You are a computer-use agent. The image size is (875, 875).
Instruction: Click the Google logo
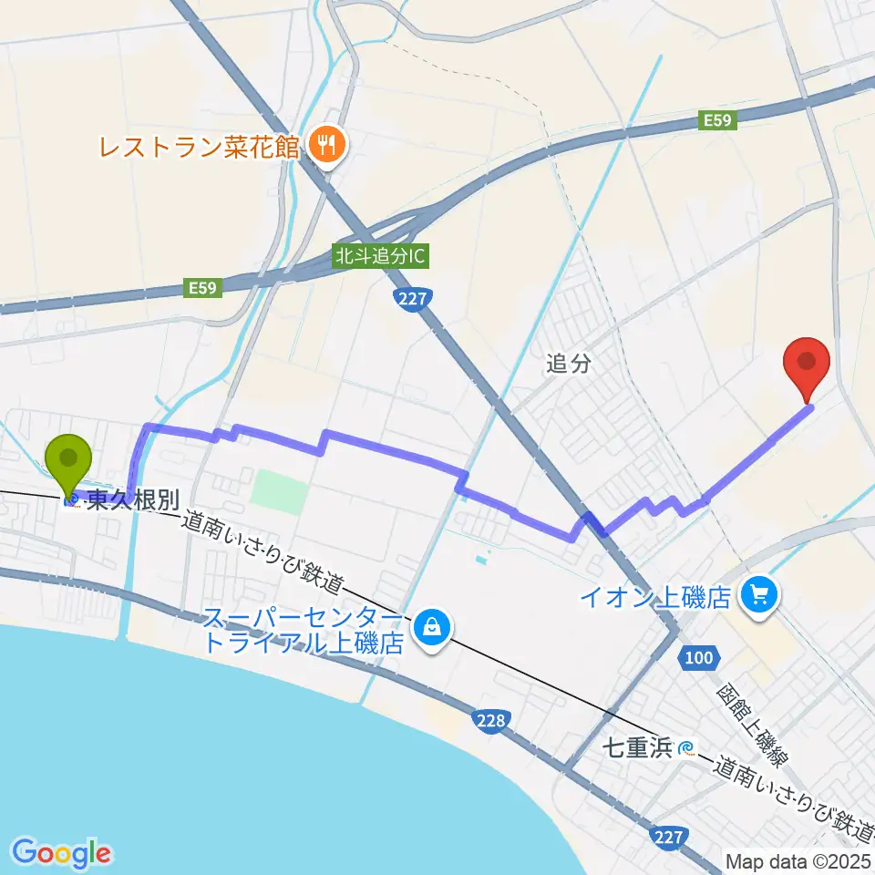tap(62, 852)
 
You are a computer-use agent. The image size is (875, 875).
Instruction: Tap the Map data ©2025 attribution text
tap(798, 861)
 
